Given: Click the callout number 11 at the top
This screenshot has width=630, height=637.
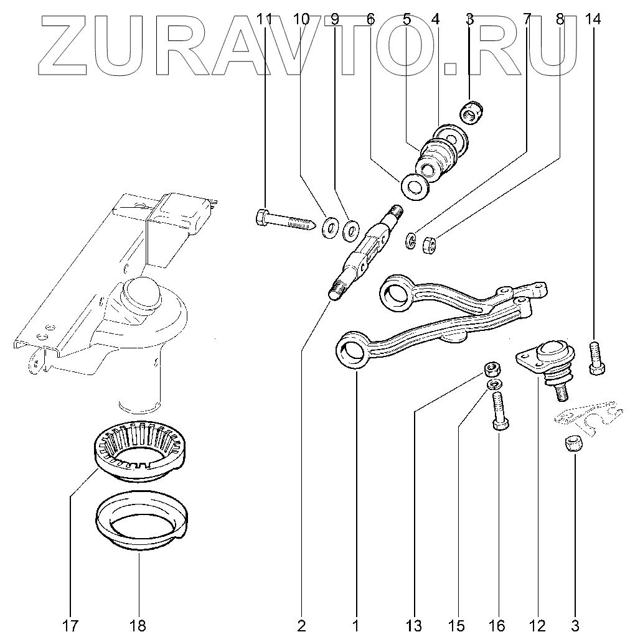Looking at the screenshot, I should (265, 19).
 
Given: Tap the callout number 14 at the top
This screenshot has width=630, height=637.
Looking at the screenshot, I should (593, 19).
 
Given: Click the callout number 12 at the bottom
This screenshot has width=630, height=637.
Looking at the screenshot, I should (537, 625).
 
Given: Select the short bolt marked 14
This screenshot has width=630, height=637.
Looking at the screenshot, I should (596, 359).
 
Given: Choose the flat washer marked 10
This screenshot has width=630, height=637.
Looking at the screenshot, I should (329, 228).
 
